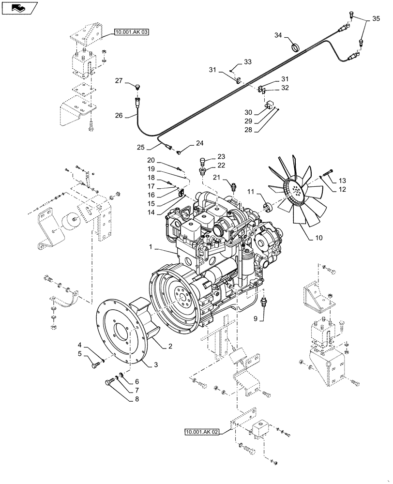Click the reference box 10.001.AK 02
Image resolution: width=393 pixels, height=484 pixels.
(x=201, y=431)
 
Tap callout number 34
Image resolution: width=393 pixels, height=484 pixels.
(x=278, y=35)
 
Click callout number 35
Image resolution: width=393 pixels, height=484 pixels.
(x=376, y=20)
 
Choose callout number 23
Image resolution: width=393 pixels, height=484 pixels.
(x=221, y=157)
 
